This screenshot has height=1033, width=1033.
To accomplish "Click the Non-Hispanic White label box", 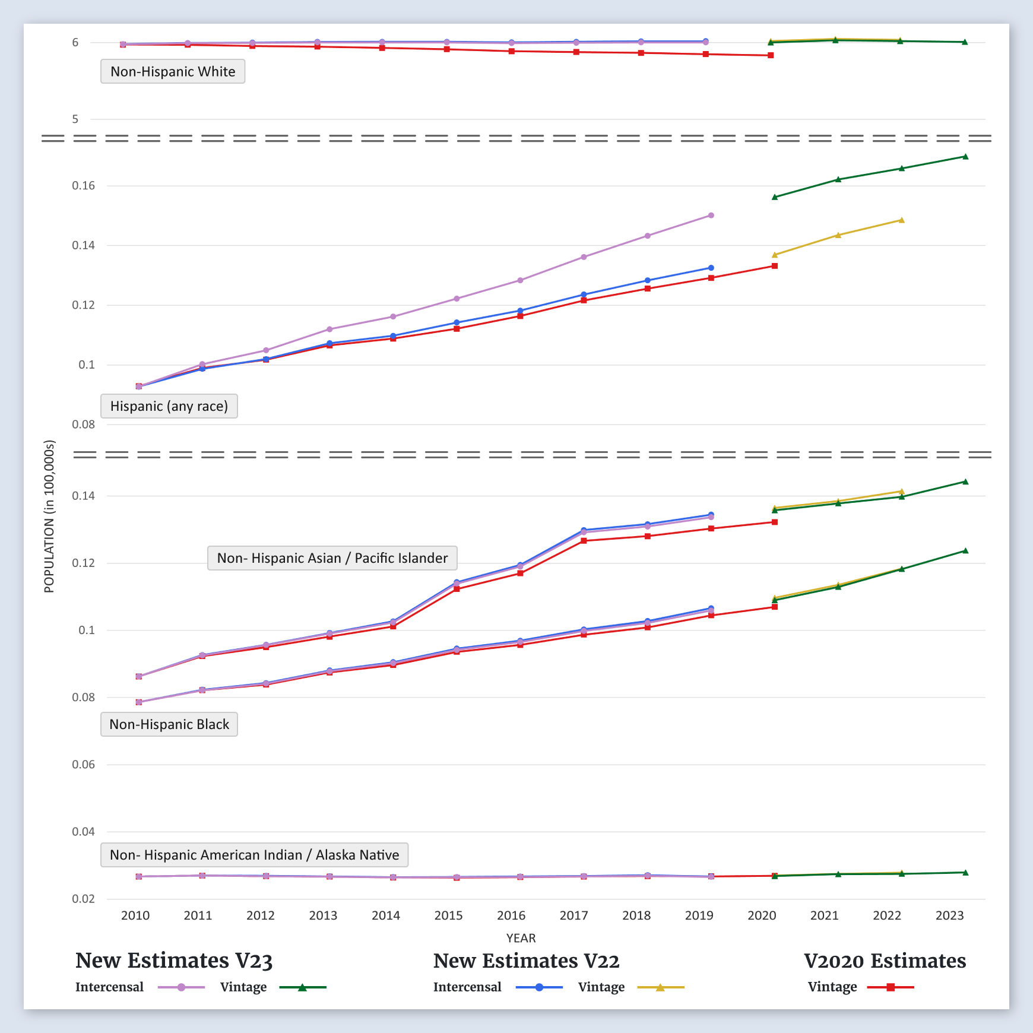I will (173, 72).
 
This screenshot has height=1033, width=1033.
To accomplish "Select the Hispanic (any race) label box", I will (169, 407).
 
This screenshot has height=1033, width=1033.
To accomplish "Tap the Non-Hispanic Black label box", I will (169, 725).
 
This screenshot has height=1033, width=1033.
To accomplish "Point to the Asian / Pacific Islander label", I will (332, 559).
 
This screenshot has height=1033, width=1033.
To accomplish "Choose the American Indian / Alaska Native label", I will (254, 855).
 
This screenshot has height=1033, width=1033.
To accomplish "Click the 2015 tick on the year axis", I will (448, 915).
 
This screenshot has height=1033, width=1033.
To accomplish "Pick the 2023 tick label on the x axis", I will (949, 915).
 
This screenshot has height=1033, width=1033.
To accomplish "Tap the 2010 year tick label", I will (135, 915).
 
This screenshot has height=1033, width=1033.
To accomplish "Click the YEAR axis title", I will (521, 938).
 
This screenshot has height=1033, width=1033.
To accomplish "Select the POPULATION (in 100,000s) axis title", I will (49, 516).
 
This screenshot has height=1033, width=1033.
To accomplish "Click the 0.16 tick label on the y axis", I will (83, 186).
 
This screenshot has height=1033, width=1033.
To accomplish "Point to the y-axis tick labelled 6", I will (75, 43).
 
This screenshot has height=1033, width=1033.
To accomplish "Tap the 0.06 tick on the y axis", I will (83, 765).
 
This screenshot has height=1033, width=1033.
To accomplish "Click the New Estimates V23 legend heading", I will (174, 961).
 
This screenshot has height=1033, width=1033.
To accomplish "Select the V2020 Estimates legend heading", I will (885, 961).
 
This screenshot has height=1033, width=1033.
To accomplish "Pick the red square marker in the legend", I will (891, 987).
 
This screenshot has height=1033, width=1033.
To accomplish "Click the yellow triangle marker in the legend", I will (660, 987).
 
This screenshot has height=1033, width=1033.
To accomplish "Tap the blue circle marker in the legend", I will (539, 987).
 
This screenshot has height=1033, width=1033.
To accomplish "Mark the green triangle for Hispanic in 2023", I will (965, 157).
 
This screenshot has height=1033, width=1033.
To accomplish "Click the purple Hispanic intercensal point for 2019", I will (711, 216).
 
